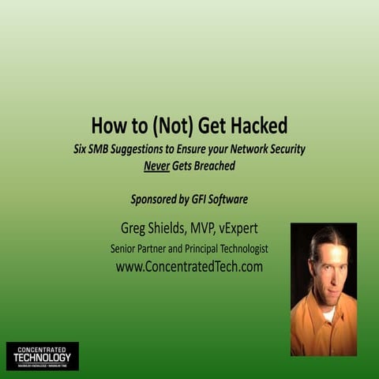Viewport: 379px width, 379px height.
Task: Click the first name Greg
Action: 129,229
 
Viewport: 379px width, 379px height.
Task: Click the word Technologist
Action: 238,249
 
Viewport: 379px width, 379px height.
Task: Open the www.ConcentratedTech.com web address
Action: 189,267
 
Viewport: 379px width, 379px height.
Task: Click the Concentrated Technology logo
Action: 43,356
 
